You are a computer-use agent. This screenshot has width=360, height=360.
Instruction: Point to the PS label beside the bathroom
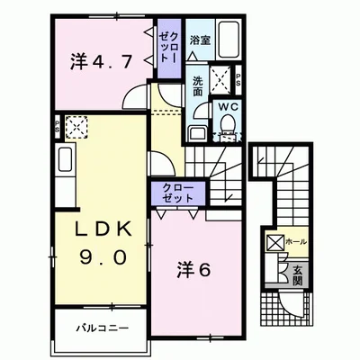[x=237, y=78]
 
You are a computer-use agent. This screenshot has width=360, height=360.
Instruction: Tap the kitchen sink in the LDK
[x=67, y=164]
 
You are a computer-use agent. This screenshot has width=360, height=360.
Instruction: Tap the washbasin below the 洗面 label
[x=197, y=132]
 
